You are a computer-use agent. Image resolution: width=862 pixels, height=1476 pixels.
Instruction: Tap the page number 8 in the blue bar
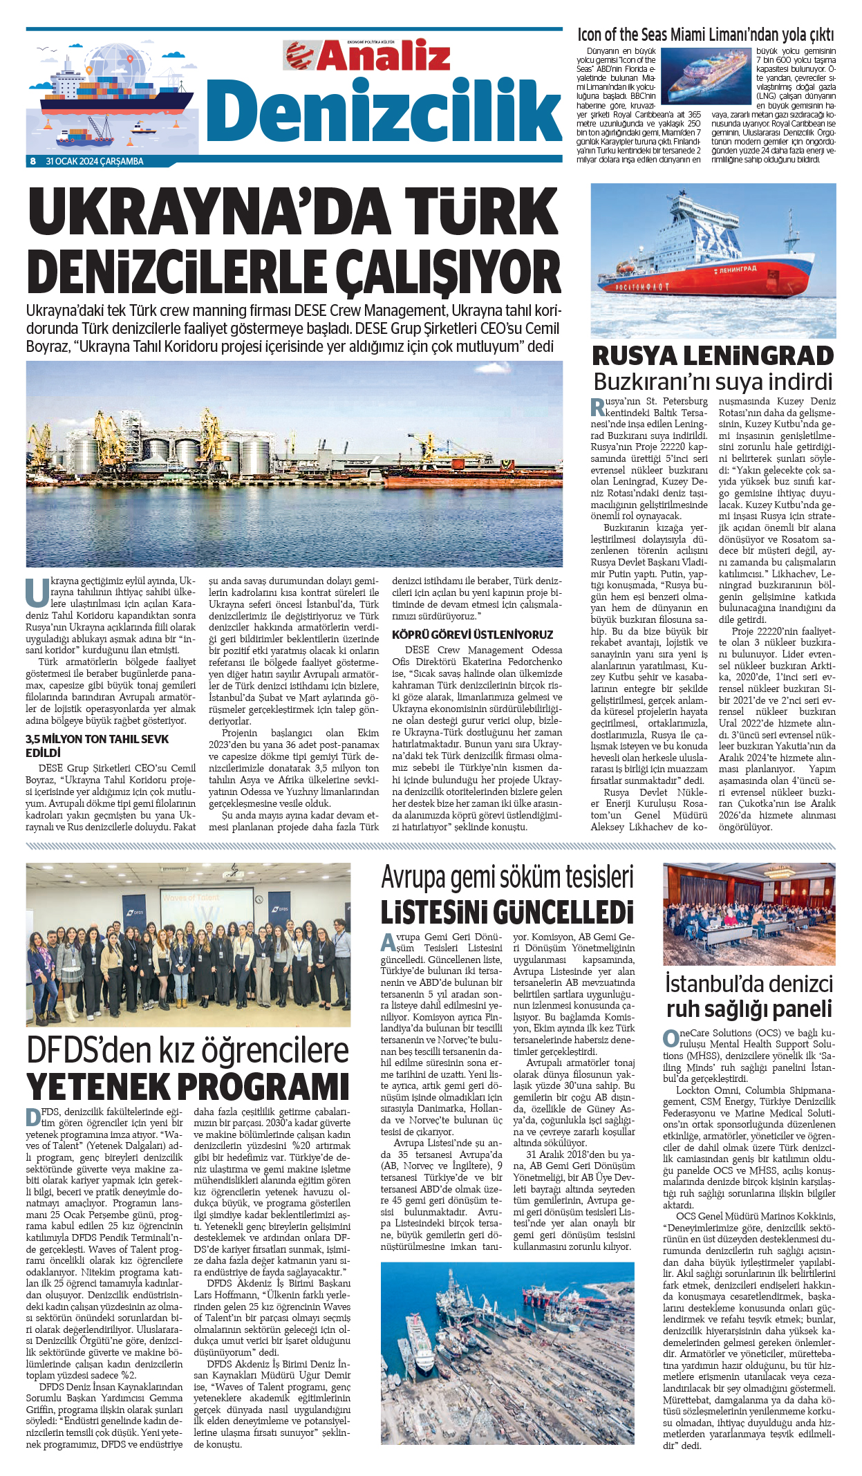[x=32, y=161]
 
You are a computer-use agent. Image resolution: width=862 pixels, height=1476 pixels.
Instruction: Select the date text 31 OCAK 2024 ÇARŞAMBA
[x=95, y=161]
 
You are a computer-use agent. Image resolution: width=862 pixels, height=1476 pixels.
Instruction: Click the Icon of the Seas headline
[x=706, y=35]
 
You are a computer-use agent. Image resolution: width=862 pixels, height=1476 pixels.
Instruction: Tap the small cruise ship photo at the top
[x=706, y=75]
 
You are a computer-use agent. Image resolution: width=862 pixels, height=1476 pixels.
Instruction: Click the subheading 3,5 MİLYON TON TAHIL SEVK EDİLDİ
[x=97, y=745]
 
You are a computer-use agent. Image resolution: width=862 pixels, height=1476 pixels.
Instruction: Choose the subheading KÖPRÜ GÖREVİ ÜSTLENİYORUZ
[x=472, y=634]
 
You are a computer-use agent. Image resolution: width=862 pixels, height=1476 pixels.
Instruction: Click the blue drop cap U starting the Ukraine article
[x=37, y=591]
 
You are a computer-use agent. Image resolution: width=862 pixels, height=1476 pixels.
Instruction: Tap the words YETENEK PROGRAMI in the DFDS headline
[x=188, y=1086]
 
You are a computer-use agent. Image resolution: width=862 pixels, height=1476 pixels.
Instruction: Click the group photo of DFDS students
[x=188, y=944]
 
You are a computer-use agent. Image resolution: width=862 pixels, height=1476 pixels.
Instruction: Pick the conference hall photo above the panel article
[x=749, y=913]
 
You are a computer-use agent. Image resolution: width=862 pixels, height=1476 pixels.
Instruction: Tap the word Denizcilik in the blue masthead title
[x=384, y=111]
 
